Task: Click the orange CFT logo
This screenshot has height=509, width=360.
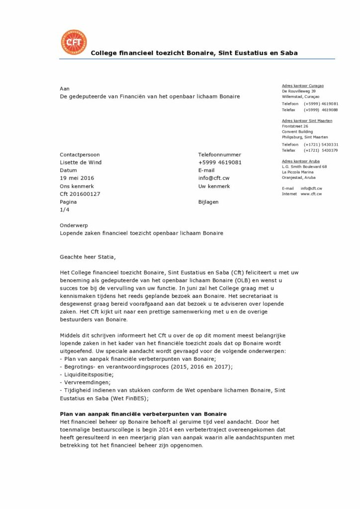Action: click(73, 43)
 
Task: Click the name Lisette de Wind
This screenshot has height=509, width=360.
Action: click(81, 162)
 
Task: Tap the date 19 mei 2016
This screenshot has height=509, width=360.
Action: click(77, 178)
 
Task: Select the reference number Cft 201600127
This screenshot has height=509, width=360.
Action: click(80, 194)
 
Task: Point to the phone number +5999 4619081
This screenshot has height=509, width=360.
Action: click(220, 162)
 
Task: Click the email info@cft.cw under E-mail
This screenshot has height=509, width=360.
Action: click(214, 178)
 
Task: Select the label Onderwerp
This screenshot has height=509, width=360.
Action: click(74, 225)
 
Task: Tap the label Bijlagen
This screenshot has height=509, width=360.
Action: click(208, 202)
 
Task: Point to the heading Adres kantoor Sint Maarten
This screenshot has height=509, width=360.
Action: click(307, 121)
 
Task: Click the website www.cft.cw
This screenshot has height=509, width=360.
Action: click(311, 194)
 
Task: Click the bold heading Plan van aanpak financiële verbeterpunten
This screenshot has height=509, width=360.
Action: click(143, 414)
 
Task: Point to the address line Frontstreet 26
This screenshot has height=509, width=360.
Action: click(295, 126)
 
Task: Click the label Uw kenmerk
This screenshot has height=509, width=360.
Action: click(214, 186)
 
